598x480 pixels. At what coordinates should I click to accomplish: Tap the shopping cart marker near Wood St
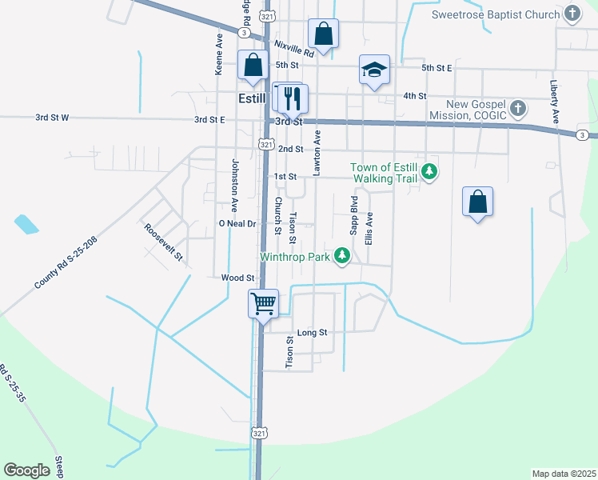coord(264,304)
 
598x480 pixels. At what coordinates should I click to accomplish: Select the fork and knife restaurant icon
coord(292,98)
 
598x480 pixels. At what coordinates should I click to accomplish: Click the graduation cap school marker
coord(374,70)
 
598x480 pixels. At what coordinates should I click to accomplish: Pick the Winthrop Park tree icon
coord(342,256)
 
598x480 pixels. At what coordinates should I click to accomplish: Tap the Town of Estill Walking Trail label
coord(385,173)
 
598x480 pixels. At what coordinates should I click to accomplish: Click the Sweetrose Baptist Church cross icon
coord(572,14)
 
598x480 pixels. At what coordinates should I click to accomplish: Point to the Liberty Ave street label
coord(554,101)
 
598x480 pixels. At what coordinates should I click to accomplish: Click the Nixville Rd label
coord(293,49)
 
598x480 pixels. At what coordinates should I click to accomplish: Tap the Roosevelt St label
coord(163,242)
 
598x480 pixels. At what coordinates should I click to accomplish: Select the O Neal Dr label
coord(237,224)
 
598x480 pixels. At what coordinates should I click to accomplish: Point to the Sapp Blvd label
coord(353,214)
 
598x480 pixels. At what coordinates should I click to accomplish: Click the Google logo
coord(27,470)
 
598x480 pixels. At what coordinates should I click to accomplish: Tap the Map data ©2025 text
coord(564,474)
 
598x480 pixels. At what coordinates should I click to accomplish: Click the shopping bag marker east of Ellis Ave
coord(477,202)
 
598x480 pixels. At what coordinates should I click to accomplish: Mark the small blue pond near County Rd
coord(26,224)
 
